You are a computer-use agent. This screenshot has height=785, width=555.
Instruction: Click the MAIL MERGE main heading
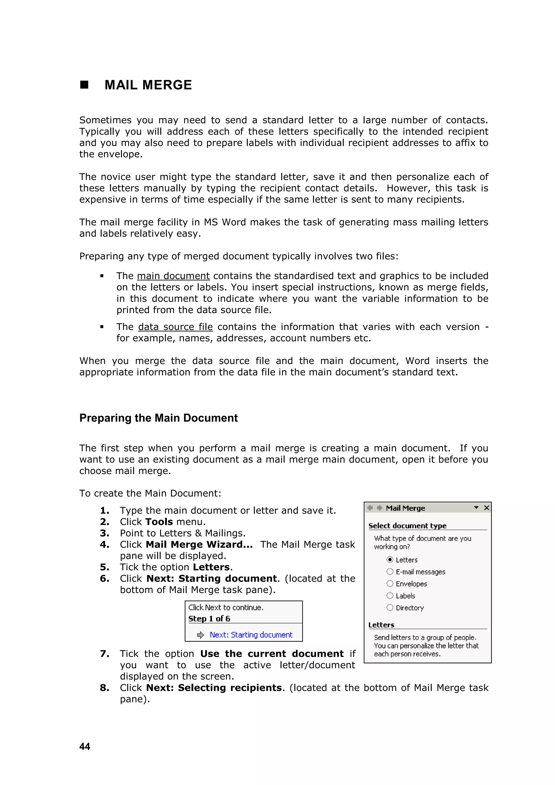[x=148, y=85]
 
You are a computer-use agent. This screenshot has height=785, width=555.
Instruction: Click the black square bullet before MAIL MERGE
[x=84, y=85]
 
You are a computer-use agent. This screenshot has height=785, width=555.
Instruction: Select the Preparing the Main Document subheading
[x=158, y=418]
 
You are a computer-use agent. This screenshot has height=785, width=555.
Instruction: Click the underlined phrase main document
[x=173, y=276]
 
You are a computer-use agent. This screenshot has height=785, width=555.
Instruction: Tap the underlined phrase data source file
[x=175, y=327]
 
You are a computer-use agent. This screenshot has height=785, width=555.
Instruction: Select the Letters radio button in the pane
[x=390, y=560]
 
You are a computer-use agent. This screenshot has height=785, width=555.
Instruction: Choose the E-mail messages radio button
[x=390, y=572]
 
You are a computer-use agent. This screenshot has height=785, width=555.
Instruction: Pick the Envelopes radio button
[x=390, y=584]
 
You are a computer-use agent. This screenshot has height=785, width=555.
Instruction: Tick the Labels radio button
[x=390, y=596]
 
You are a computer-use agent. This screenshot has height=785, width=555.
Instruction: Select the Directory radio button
[x=390, y=607]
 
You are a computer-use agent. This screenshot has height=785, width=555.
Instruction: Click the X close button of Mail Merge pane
[x=487, y=508]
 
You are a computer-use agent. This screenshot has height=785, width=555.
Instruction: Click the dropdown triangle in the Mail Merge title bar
[x=476, y=508]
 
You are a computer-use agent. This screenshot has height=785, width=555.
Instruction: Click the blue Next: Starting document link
[x=251, y=635]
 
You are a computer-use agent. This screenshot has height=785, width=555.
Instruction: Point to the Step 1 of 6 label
[x=209, y=619]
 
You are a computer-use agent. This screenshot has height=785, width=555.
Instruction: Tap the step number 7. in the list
[x=105, y=654]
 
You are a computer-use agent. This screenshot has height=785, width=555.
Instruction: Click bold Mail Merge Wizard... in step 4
[x=199, y=544]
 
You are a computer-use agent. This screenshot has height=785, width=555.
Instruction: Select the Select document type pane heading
[x=407, y=526]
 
